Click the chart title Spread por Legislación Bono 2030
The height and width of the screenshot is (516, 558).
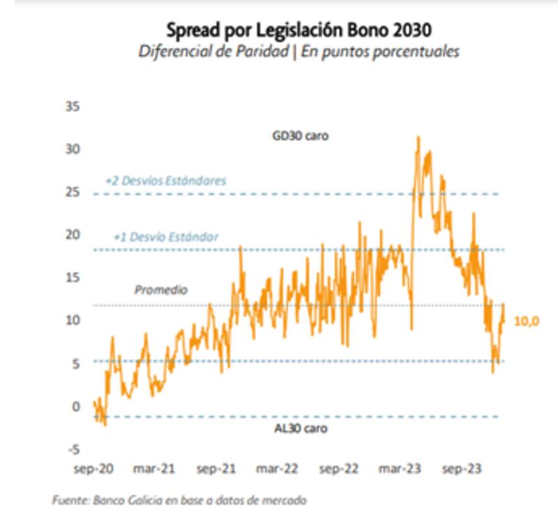[298, 31]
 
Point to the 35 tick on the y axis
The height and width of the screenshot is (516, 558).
[73, 107]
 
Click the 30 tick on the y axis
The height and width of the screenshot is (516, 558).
[73, 149]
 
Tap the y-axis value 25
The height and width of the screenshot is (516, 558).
[73, 192]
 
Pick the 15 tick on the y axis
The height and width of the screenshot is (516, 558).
[73, 278]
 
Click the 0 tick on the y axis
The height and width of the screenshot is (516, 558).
[77, 406]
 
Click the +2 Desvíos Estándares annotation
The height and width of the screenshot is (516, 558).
[165, 180]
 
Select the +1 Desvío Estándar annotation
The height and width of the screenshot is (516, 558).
[166, 237]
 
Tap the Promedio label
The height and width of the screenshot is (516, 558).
[161, 289]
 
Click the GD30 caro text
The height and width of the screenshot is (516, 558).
[300, 136]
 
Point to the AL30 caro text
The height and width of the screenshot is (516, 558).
[300, 428]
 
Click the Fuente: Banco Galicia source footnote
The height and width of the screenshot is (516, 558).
[180, 500]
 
